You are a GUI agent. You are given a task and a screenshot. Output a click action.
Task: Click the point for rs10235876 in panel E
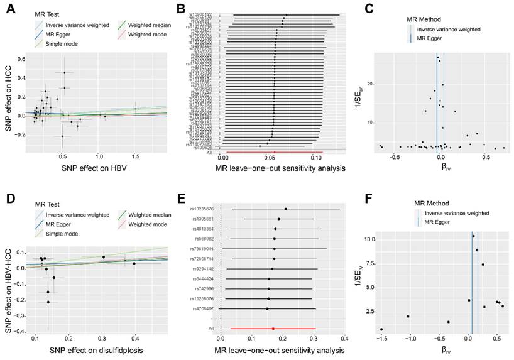[x=286, y=209]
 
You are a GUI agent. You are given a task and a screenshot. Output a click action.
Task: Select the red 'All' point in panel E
[x=273, y=328]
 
